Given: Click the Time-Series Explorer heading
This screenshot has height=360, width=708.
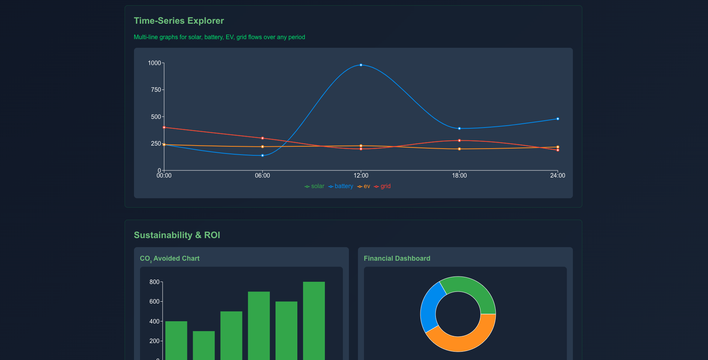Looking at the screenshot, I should click(179, 21).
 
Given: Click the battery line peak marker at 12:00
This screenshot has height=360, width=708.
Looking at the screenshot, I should click(361, 65).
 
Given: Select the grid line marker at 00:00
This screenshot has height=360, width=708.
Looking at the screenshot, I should click(164, 128).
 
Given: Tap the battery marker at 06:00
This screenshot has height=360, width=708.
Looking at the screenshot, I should click(262, 155).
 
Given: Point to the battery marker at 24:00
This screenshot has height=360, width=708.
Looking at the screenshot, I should click(557, 119).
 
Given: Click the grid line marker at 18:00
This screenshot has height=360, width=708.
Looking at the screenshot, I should click(459, 141).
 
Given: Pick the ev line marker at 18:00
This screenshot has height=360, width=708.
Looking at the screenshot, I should click(459, 149).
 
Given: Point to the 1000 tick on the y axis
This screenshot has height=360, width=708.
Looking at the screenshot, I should click(154, 63).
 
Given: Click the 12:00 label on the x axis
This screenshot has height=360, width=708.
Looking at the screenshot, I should click(361, 176).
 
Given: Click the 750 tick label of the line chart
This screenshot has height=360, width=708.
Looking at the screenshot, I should click(156, 90).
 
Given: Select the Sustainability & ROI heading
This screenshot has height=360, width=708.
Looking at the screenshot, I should click(177, 235).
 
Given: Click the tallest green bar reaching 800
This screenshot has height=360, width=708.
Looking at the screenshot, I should click(314, 320).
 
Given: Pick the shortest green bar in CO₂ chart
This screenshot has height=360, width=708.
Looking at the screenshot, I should click(204, 344).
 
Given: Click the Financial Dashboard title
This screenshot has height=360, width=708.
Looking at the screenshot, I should click(397, 258).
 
